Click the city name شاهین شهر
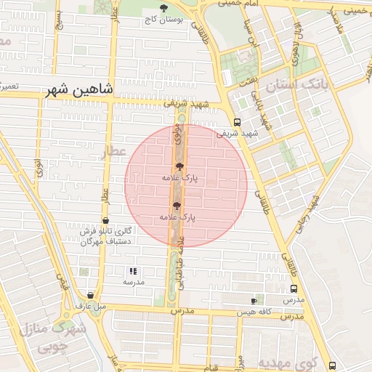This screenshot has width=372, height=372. pyautogui.click(x=79, y=90)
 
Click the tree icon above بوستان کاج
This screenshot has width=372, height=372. pyautogui.click(x=162, y=7)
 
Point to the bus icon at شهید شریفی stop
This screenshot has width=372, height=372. pyautogui.click(x=238, y=123)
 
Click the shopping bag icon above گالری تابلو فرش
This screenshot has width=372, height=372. pyautogui.click(x=107, y=219)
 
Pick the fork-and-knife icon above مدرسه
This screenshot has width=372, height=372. pyautogui.click(x=133, y=271)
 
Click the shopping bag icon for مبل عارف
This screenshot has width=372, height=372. pyautogui.click(x=90, y=296)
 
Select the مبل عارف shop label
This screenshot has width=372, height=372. pyautogui.click(x=90, y=306)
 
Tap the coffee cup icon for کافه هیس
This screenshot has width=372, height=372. pyautogui.click(x=254, y=301)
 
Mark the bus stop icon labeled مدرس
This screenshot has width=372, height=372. pyautogui.click(x=292, y=288)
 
